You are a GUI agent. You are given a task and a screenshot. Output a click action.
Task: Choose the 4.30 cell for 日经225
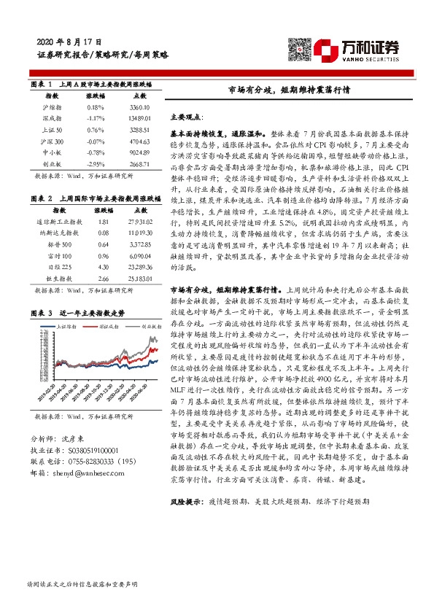coord(104,268)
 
